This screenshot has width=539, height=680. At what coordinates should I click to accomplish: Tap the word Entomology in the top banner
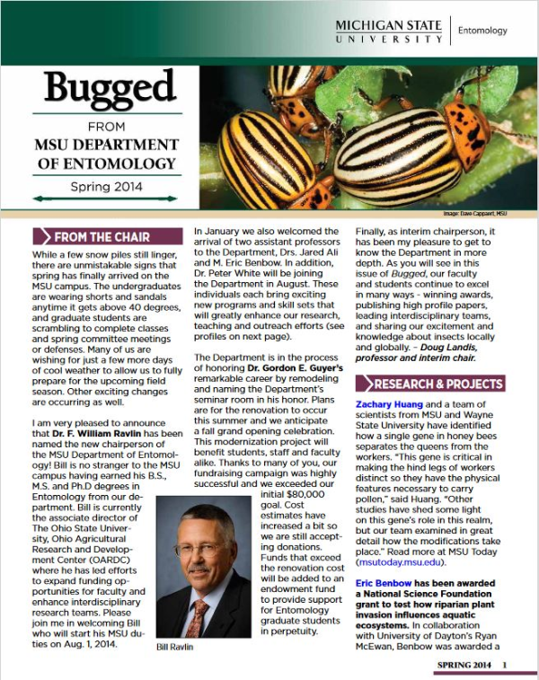coord(482,31)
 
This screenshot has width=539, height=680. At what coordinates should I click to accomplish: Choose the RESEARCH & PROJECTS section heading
coord(437,384)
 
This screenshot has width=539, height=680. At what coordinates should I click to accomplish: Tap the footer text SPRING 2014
coord(464,665)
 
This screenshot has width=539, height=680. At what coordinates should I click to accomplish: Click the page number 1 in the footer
coord(505,665)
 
